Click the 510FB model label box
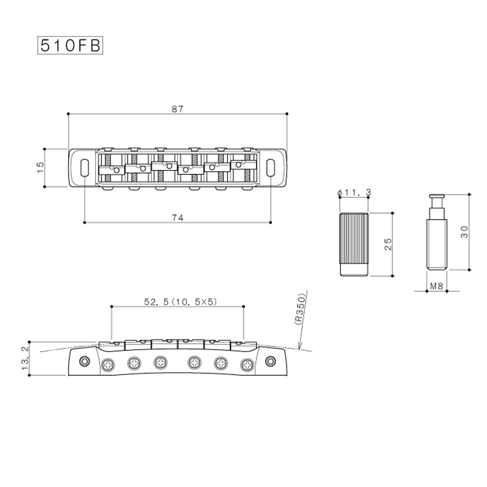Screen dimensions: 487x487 tap(70, 46)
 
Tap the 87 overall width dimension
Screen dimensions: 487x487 tap(177, 109)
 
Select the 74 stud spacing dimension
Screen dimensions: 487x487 tap(178, 218)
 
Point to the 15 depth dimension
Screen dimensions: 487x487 tap(40, 168)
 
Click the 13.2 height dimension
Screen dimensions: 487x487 tap(25, 358)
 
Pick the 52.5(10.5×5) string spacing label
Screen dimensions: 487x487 tap(181, 301)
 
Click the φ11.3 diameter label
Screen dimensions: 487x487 tap(354, 192)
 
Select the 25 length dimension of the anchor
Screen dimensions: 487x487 tap(388, 244)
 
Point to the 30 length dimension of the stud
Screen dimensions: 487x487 tap(464, 232)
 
